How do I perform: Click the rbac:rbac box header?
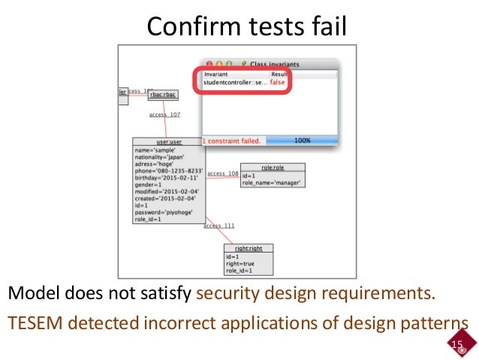tap(162, 95)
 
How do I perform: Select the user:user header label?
tap(169, 141)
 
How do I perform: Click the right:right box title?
tap(249, 247)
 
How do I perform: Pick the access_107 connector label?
tap(164, 115)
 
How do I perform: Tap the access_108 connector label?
tap(222, 174)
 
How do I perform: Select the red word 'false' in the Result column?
tap(278, 82)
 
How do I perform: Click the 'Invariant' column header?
tap(216, 74)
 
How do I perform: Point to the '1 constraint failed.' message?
tap(231, 141)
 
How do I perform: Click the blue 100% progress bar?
tap(302, 141)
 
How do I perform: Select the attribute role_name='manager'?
tap(272, 183)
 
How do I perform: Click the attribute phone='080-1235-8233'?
tap(169, 171)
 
